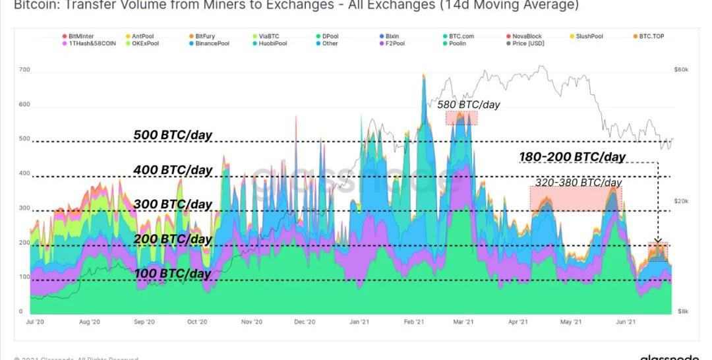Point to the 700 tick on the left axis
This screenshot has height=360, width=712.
click(x=25, y=70)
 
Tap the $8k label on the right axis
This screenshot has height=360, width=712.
click(x=683, y=311)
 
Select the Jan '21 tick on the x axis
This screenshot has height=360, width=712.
click(x=359, y=322)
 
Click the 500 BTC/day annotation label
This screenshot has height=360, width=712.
click(x=173, y=135)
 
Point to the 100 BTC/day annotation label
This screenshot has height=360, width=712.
click(x=173, y=273)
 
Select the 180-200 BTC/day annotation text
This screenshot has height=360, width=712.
click(x=572, y=157)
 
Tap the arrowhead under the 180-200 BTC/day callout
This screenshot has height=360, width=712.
click(x=658, y=241)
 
